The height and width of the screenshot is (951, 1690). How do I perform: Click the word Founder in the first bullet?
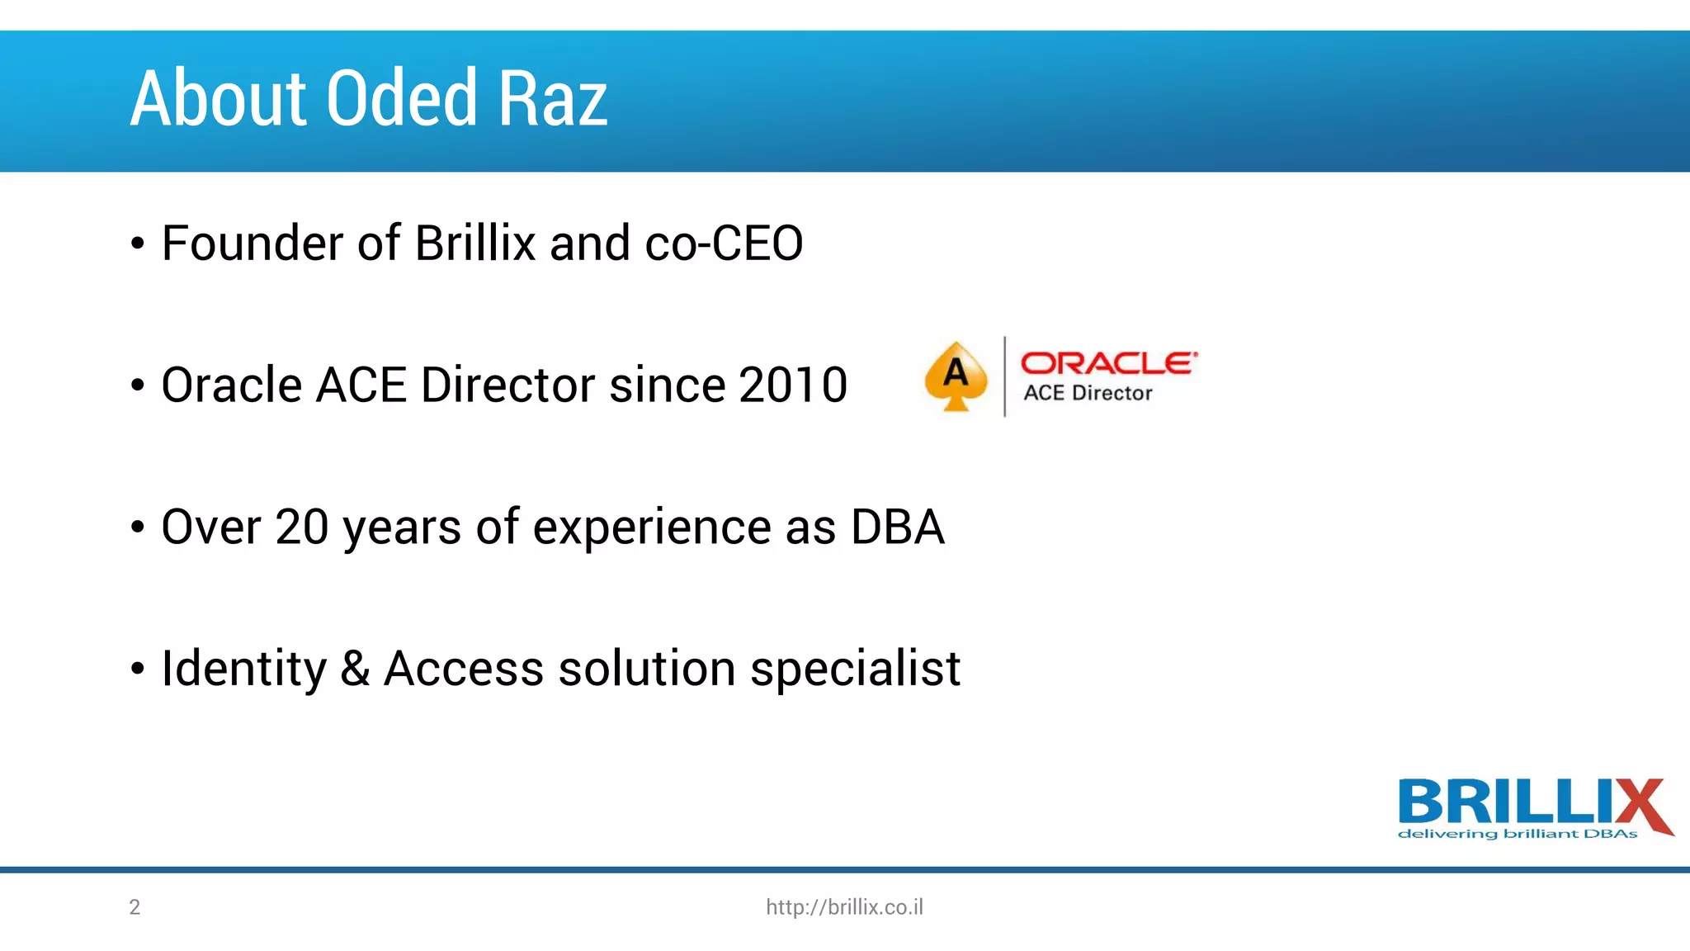(x=252, y=244)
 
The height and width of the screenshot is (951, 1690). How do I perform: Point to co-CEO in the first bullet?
(x=724, y=244)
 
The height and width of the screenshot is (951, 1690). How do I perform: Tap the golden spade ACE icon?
(x=956, y=376)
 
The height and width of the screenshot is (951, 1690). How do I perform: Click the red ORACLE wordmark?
(x=1108, y=362)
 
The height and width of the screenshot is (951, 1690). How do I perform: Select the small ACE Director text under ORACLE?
(x=1088, y=393)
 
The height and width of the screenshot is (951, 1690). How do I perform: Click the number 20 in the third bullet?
(x=301, y=528)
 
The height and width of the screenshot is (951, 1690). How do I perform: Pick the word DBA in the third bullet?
(x=897, y=528)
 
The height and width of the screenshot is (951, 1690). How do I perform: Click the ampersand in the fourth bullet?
(x=355, y=669)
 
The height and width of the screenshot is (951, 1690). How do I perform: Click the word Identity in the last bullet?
(x=244, y=669)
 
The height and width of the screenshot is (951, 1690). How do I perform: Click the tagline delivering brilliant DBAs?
(x=1517, y=834)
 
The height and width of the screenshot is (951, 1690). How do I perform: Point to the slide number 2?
(x=135, y=907)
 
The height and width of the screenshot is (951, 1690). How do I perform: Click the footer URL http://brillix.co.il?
(x=844, y=907)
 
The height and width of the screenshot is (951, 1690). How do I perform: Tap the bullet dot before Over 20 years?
(x=137, y=528)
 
